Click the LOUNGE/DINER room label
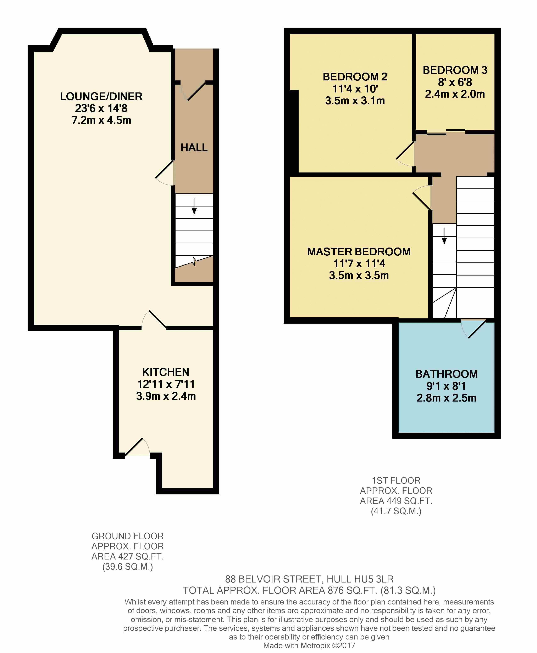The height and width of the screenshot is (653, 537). [x=101, y=96]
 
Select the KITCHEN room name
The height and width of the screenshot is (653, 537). [x=166, y=372]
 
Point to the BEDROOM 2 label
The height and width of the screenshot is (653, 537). [x=355, y=77]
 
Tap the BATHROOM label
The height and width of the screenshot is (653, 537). [x=446, y=374]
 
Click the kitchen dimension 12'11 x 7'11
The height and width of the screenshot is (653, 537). [x=166, y=384]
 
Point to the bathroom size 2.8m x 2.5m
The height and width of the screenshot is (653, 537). [x=446, y=398]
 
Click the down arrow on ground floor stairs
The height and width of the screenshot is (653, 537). [x=194, y=206]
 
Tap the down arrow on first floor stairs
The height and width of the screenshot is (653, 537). [x=444, y=236]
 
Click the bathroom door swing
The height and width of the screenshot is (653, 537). [x=473, y=329]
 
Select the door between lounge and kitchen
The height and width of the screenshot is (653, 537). [x=154, y=319]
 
